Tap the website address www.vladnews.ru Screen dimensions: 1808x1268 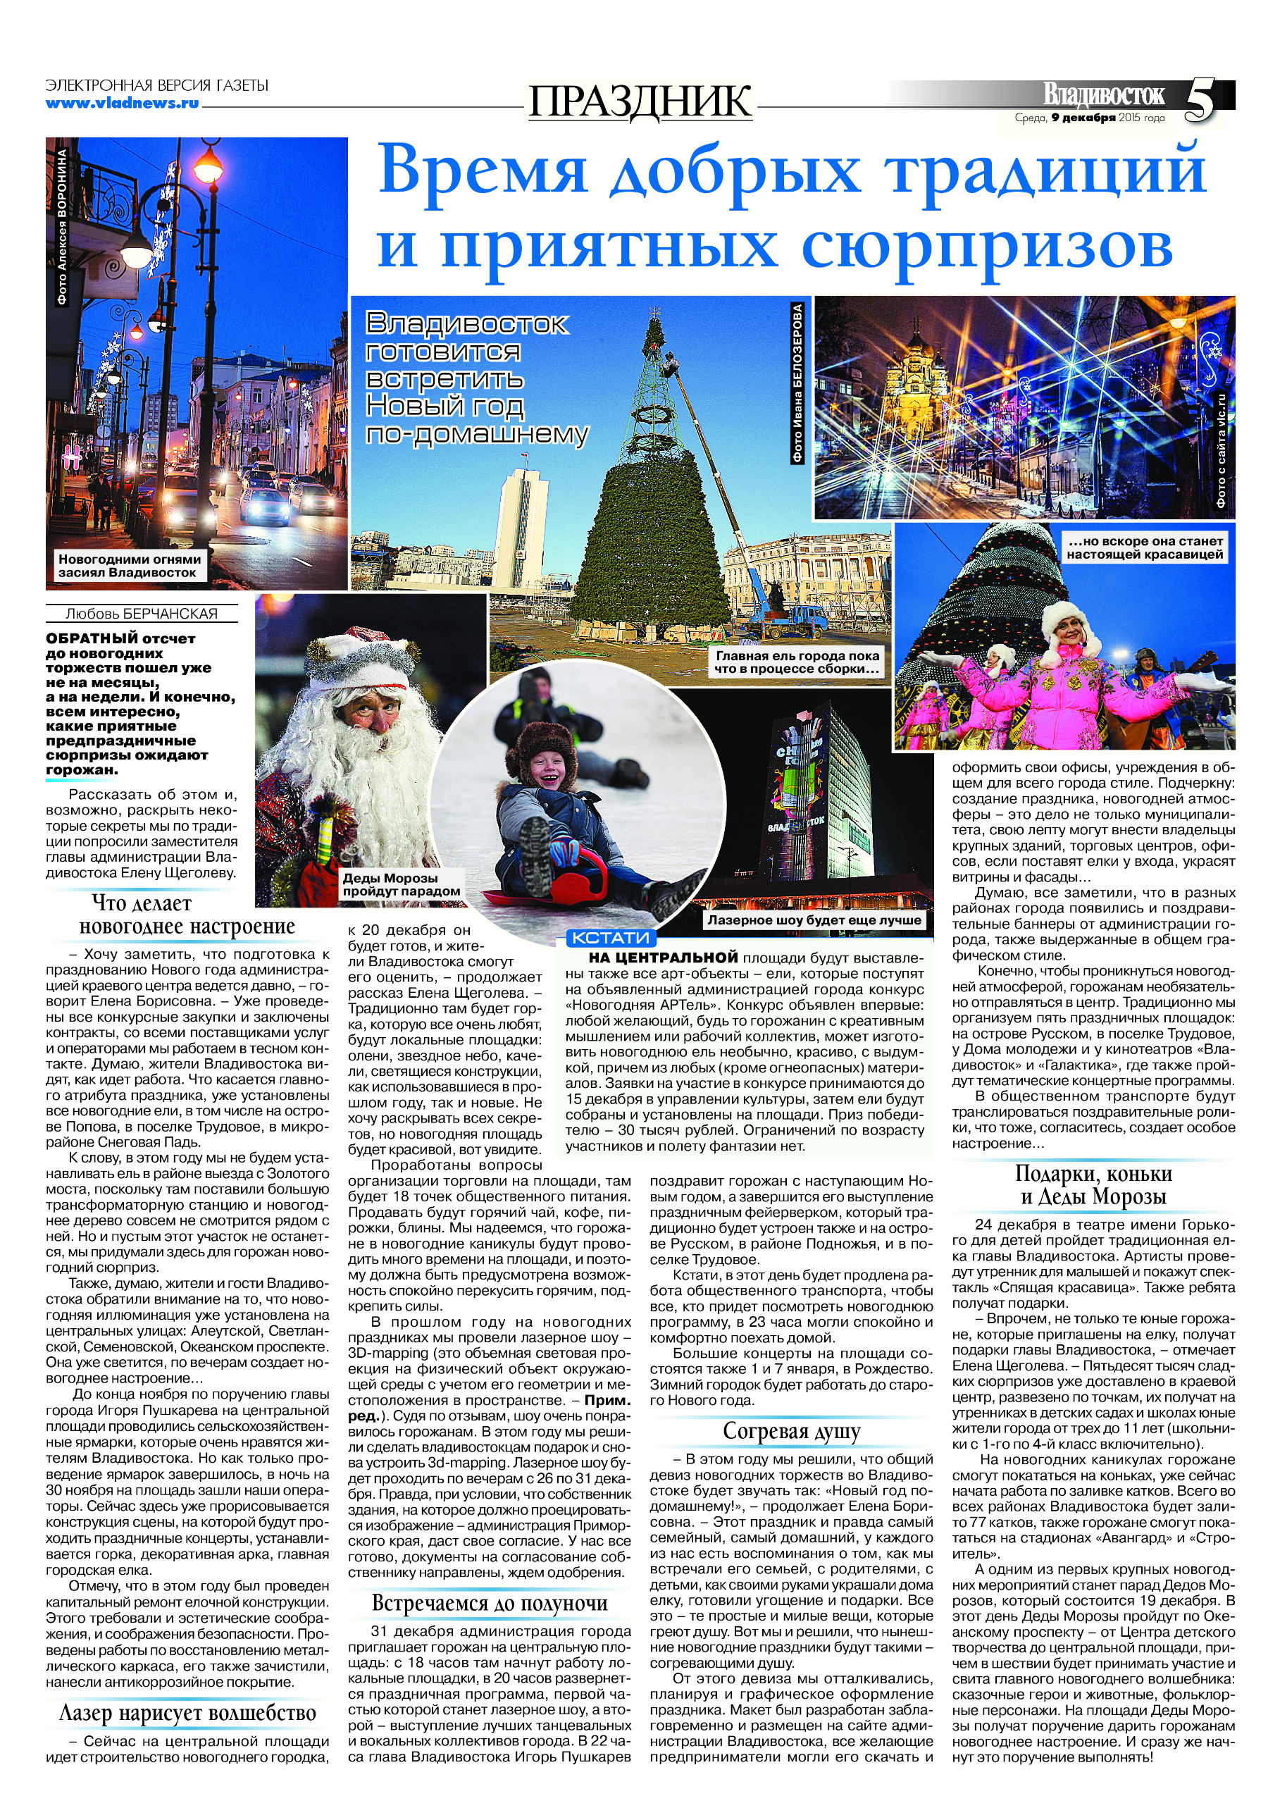click(122, 102)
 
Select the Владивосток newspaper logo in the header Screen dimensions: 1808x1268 click(1103, 94)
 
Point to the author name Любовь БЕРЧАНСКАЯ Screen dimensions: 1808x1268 click(142, 614)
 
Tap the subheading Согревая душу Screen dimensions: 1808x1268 click(791, 1431)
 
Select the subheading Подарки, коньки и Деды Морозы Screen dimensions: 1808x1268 click(1093, 1185)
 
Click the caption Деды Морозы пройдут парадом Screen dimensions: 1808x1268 click(400, 884)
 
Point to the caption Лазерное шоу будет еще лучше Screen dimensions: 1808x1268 click(814, 920)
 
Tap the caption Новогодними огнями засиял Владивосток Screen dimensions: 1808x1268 click(129, 565)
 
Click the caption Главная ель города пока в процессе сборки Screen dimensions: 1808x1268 click(797, 662)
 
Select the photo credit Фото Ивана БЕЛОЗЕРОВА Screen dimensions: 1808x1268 click(798, 384)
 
